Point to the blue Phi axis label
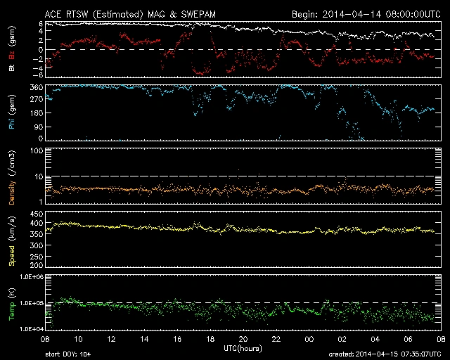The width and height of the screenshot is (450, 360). click(12, 112)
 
